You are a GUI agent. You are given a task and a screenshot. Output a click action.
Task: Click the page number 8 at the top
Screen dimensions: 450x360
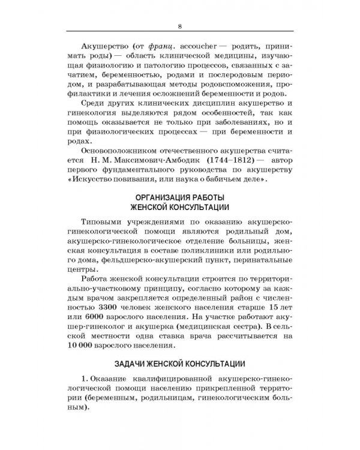180,25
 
